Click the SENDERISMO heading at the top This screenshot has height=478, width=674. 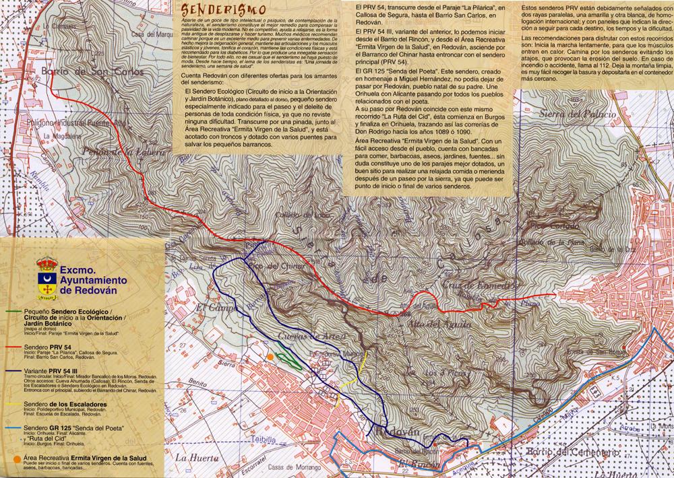tap(211, 11)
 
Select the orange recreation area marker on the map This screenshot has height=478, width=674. tap(270, 356)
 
